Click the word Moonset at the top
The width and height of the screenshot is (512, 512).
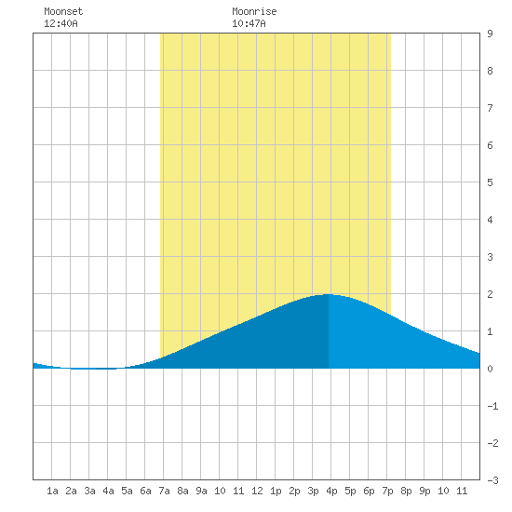pyautogui.click(x=63, y=11)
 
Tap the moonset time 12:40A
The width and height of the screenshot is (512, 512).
pyautogui.click(x=61, y=23)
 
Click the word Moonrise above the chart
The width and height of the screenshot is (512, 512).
pyautogui.click(x=254, y=11)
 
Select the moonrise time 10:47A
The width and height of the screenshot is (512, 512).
pyautogui.click(x=249, y=23)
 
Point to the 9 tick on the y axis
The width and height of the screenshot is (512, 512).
pyautogui.click(x=490, y=34)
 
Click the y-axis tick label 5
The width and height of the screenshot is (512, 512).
pyautogui.click(x=490, y=182)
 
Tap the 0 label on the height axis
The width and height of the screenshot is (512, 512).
pyautogui.click(x=490, y=369)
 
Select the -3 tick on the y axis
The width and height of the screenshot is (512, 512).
pyautogui.click(x=492, y=480)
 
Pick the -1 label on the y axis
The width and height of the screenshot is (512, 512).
pyautogui.click(x=492, y=406)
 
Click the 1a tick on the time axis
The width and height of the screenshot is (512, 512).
pyautogui.click(x=52, y=491)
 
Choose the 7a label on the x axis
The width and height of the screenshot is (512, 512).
pyautogui.click(x=164, y=491)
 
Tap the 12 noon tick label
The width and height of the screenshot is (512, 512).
pyautogui.click(x=257, y=491)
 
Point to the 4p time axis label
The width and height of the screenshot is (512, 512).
pyautogui.click(x=331, y=491)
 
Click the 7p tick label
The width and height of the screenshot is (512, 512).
pyautogui.click(x=387, y=491)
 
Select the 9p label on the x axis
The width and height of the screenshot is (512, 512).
pyautogui.click(x=424, y=491)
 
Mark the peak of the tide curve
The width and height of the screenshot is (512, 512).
pyautogui.click(x=329, y=294)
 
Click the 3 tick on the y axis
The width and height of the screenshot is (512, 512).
pyautogui.click(x=490, y=257)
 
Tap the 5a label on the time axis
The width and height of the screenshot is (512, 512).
pyautogui.click(x=127, y=491)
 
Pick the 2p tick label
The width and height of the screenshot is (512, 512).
pyautogui.click(x=294, y=491)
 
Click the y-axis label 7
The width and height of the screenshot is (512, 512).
pyautogui.click(x=490, y=108)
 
